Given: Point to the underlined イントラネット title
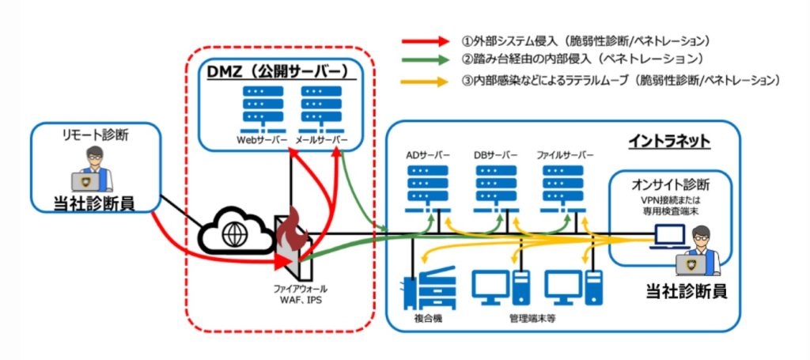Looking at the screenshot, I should (669, 141).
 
